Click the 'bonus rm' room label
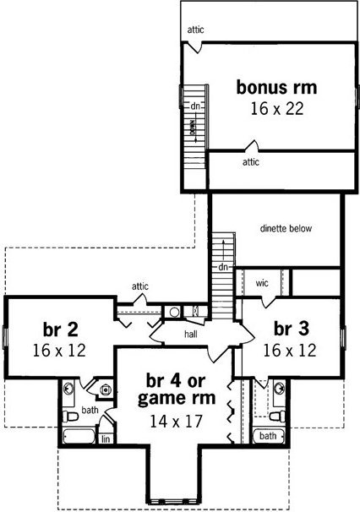click(276, 88)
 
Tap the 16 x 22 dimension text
click(277, 109)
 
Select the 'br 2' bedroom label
click(61, 330)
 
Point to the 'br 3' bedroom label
click(291, 329)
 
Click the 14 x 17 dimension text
click(176, 422)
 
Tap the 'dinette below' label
click(286, 229)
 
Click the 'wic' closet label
click(262, 283)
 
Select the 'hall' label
click(191, 334)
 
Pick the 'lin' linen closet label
click(106, 439)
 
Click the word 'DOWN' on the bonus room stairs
click(193, 128)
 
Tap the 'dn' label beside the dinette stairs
click(223, 267)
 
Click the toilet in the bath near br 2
click(70, 417)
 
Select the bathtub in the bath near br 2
click(79, 436)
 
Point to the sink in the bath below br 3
click(279, 389)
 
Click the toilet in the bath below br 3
click(277, 417)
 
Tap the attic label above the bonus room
click(195, 30)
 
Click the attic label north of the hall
click(140, 286)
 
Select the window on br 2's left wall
click(5, 336)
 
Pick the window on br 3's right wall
click(343, 337)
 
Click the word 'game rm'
click(177, 399)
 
